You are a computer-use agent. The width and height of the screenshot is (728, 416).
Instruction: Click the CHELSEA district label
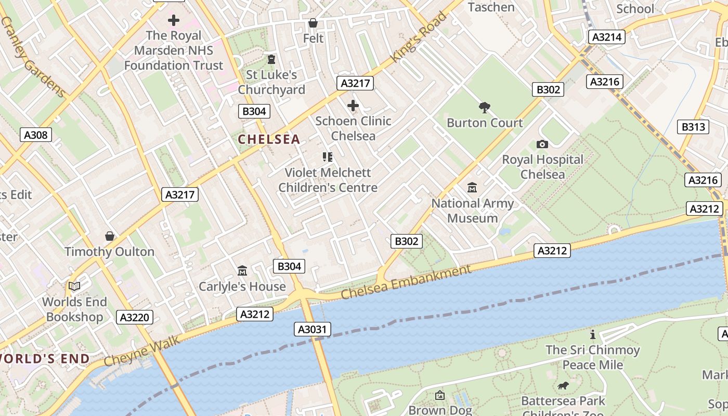click(x=269, y=139)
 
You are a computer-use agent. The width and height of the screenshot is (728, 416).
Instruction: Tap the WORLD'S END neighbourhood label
click(x=44, y=359)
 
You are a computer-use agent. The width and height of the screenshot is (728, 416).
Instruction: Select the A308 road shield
click(x=36, y=135)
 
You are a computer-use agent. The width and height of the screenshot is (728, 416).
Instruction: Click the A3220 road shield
click(x=134, y=317)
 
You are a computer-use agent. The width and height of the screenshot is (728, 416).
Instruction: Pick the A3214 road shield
click(x=606, y=37)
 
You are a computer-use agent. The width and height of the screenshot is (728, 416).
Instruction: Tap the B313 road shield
click(x=694, y=127)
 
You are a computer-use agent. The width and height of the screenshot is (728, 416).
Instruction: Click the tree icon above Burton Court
click(x=485, y=108)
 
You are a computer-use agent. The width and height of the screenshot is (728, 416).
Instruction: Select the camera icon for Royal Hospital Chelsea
click(x=542, y=144)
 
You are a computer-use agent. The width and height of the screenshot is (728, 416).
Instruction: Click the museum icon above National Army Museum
click(x=472, y=188)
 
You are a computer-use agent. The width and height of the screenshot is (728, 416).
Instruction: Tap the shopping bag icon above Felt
click(x=313, y=23)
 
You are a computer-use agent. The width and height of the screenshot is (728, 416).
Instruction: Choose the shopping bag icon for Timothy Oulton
click(x=110, y=236)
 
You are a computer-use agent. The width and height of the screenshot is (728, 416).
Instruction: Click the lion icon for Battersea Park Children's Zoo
click(x=563, y=386)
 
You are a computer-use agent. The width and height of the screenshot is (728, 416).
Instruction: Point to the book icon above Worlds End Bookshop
click(x=74, y=286)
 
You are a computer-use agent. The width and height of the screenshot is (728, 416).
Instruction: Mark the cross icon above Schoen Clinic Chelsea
click(x=353, y=106)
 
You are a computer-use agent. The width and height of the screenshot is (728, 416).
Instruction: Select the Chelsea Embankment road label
click(x=406, y=282)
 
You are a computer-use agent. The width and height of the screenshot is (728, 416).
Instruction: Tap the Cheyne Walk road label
click(x=141, y=351)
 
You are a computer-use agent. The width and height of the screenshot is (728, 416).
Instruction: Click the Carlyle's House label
click(x=242, y=287)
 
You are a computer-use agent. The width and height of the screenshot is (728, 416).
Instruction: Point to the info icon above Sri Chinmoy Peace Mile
click(x=592, y=334)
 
